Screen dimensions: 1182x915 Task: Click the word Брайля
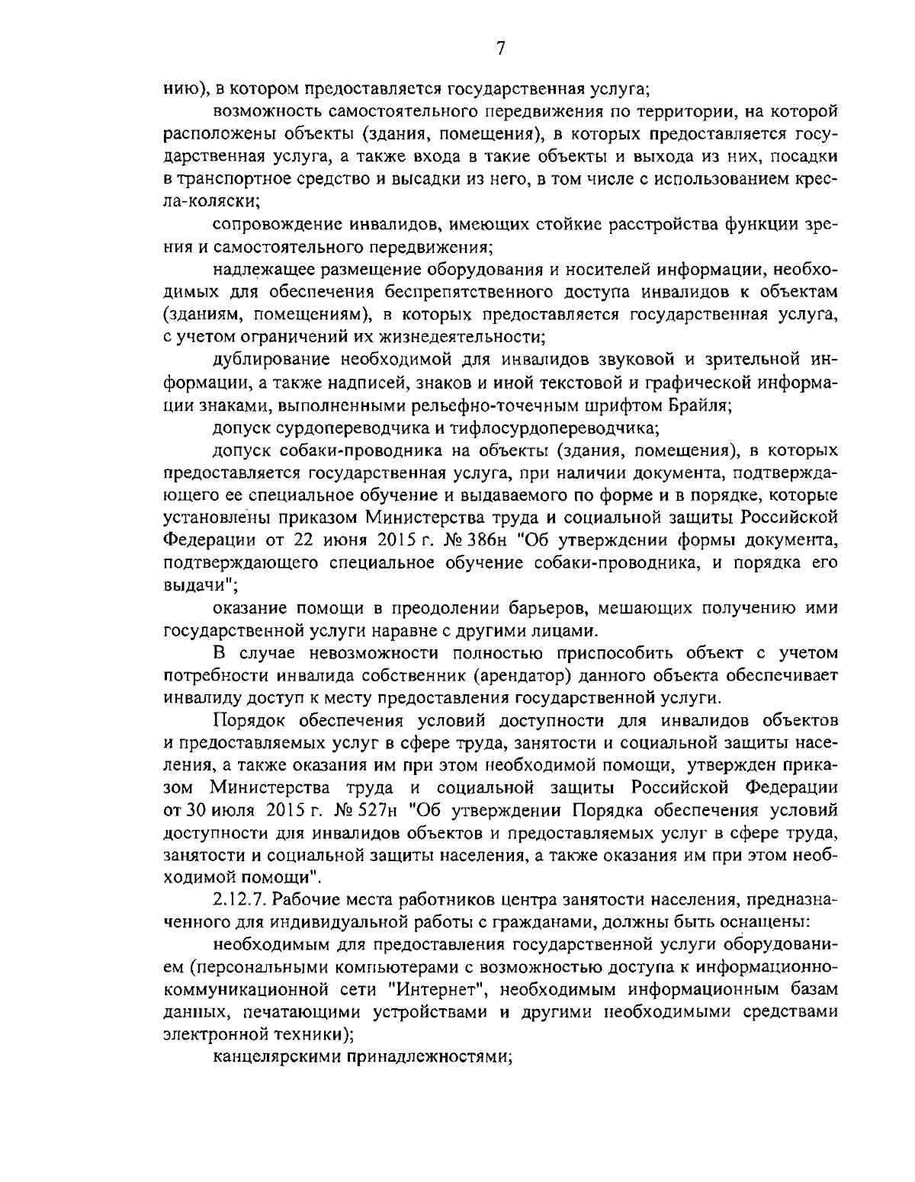pyautogui.click(x=699, y=405)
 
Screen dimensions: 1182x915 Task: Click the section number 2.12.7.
pyautogui.click(x=243, y=900)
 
